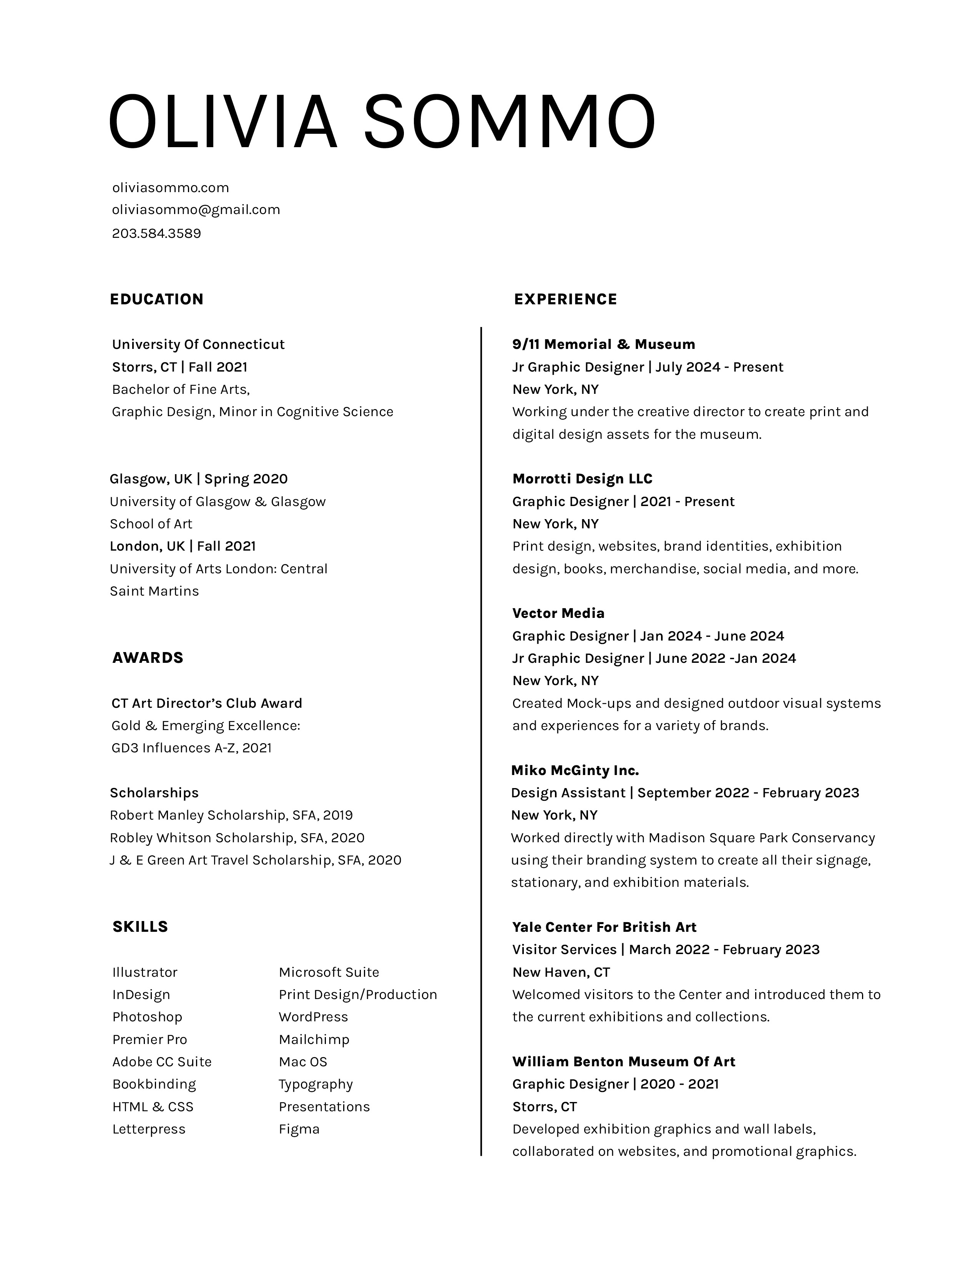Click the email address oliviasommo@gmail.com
pyautogui.click(x=196, y=209)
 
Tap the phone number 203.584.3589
pyautogui.click(x=156, y=233)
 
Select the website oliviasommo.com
pyautogui.click(x=170, y=188)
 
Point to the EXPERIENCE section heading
pyautogui.click(x=565, y=299)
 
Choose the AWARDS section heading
pyautogui.click(x=148, y=658)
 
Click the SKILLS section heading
pyautogui.click(x=140, y=927)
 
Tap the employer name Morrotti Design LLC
pyautogui.click(x=582, y=479)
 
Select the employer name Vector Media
pyautogui.click(x=558, y=613)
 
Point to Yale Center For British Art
pyautogui.click(x=604, y=927)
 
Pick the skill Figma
pyautogui.click(x=299, y=1129)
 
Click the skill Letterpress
pyautogui.click(x=149, y=1129)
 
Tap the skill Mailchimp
pyautogui.click(x=314, y=1039)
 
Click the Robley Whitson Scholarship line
pyautogui.click(x=237, y=838)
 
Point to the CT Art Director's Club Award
pyautogui.click(x=207, y=703)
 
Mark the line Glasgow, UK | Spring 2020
pyautogui.click(x=199, y=479)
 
